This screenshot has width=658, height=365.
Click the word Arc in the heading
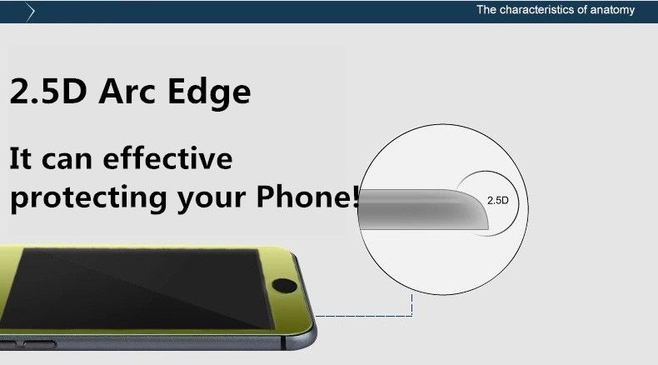[x=127, y=91]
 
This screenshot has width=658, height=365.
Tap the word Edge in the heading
[x=209, y=92]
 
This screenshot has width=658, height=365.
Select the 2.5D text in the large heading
[x=47, y=91]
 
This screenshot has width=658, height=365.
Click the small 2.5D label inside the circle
[x=498, y=200]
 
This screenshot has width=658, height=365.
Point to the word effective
[x=167, y=158]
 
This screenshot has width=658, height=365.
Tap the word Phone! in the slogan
[x=307, y=196]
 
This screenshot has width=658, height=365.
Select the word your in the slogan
[x=211, y=200]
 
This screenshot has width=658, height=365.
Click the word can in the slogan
[x=67, y=160]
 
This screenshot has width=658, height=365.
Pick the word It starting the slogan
[x=20, y=158]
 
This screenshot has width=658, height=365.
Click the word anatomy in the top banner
[x=612, y=10]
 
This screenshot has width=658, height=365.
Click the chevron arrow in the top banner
[x=30, y=12]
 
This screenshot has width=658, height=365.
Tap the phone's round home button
[x=284, y=286]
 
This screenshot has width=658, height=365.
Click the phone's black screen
[x=138, y=288]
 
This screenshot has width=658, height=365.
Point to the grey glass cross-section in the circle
[x=423, y=210]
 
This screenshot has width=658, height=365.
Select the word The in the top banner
[x=486, y=10]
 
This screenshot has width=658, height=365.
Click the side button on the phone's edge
[x=39, y=345]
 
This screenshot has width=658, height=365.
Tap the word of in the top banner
[x=583, y=10]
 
